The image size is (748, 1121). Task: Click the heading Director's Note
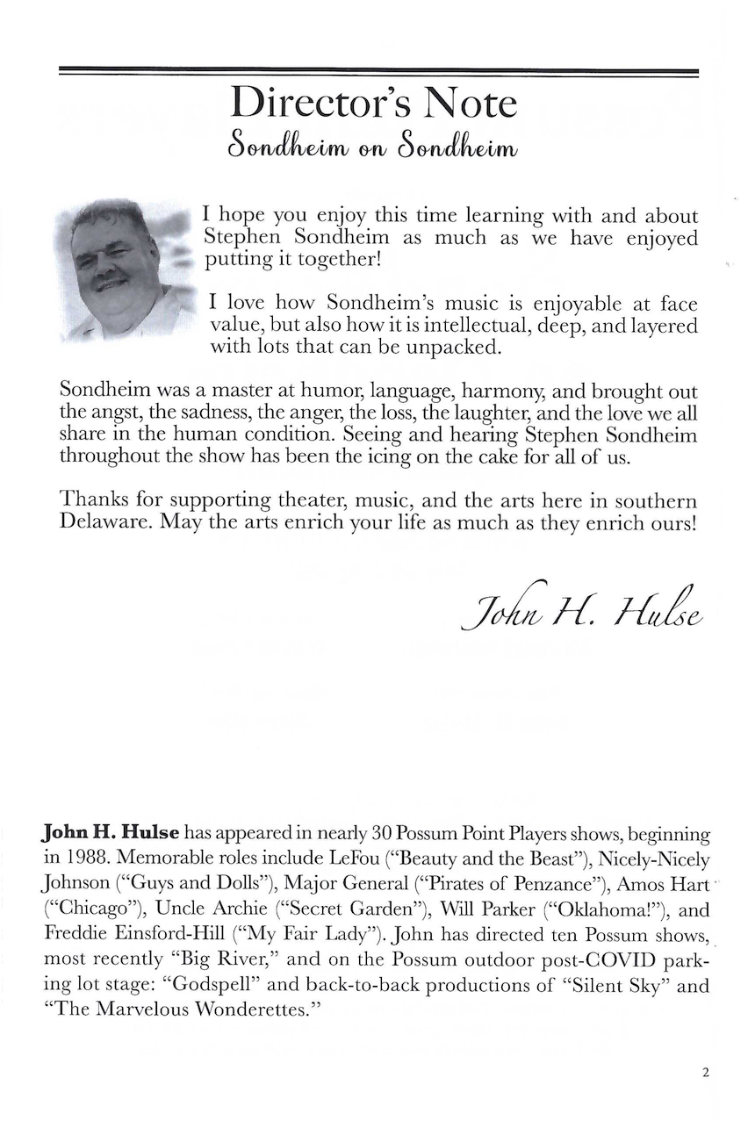(x=374, y=104)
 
